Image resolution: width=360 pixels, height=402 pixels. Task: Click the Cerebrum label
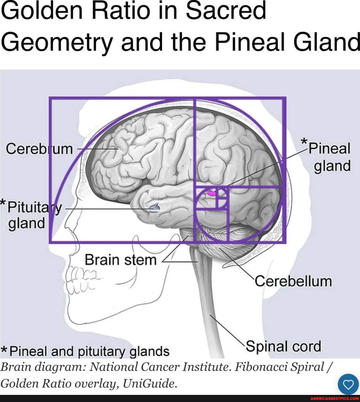[x=39, y=149]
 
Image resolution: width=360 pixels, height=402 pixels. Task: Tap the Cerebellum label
[x=293, y=281]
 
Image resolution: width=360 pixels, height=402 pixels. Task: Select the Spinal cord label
[x=283, y=346]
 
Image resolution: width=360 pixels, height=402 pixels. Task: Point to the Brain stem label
[x=120, y=260]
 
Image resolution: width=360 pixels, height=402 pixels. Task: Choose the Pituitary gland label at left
[x=32, y=215]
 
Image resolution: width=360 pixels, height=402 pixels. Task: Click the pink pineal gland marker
[x=212, y=193]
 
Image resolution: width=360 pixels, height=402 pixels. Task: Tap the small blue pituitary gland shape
[x=155, y=208]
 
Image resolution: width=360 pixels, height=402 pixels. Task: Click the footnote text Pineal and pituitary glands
[x=89, y=351]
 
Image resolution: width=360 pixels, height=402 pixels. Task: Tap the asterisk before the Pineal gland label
[x=304, y=141]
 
